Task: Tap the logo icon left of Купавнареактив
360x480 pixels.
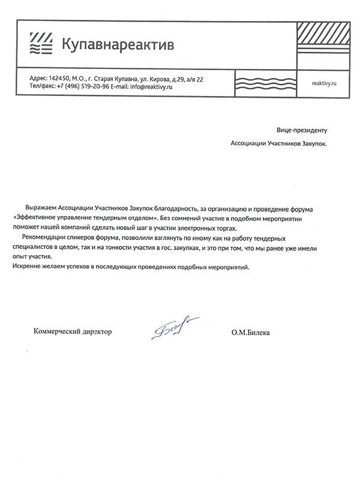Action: [41, 43]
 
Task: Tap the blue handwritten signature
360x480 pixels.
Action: [174, 328]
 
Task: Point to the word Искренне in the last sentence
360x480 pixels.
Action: [27, 266]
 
